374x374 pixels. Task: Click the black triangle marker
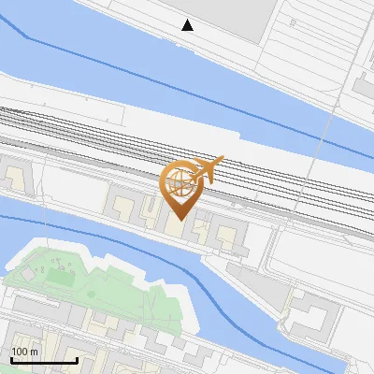[x=188, y=25]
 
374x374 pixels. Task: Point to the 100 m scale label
[x=24, y=352]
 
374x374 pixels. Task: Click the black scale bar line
[x=43, y=360]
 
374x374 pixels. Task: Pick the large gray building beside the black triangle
[x=234, y=19]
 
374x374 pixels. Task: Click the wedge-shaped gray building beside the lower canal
[x=257, y=280]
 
